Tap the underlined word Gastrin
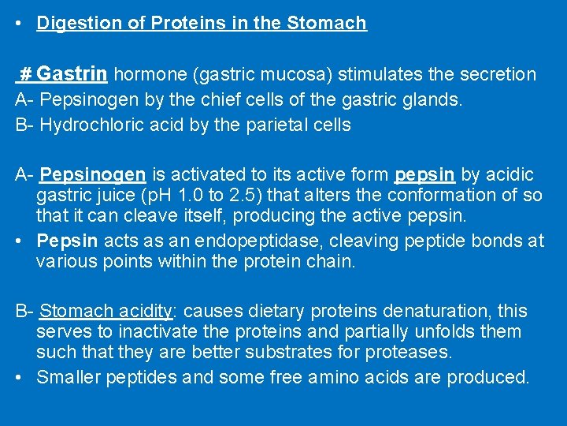[72, 75]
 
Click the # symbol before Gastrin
[25, 75]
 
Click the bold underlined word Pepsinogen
[93, 174]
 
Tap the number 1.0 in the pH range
[211, 195]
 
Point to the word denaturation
[414, 312]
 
